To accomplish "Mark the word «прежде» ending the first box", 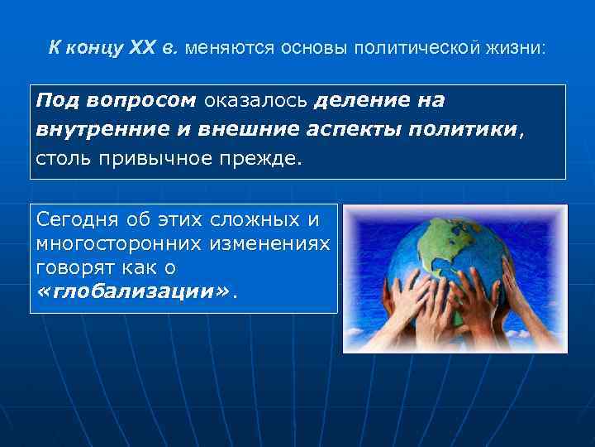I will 267,158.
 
